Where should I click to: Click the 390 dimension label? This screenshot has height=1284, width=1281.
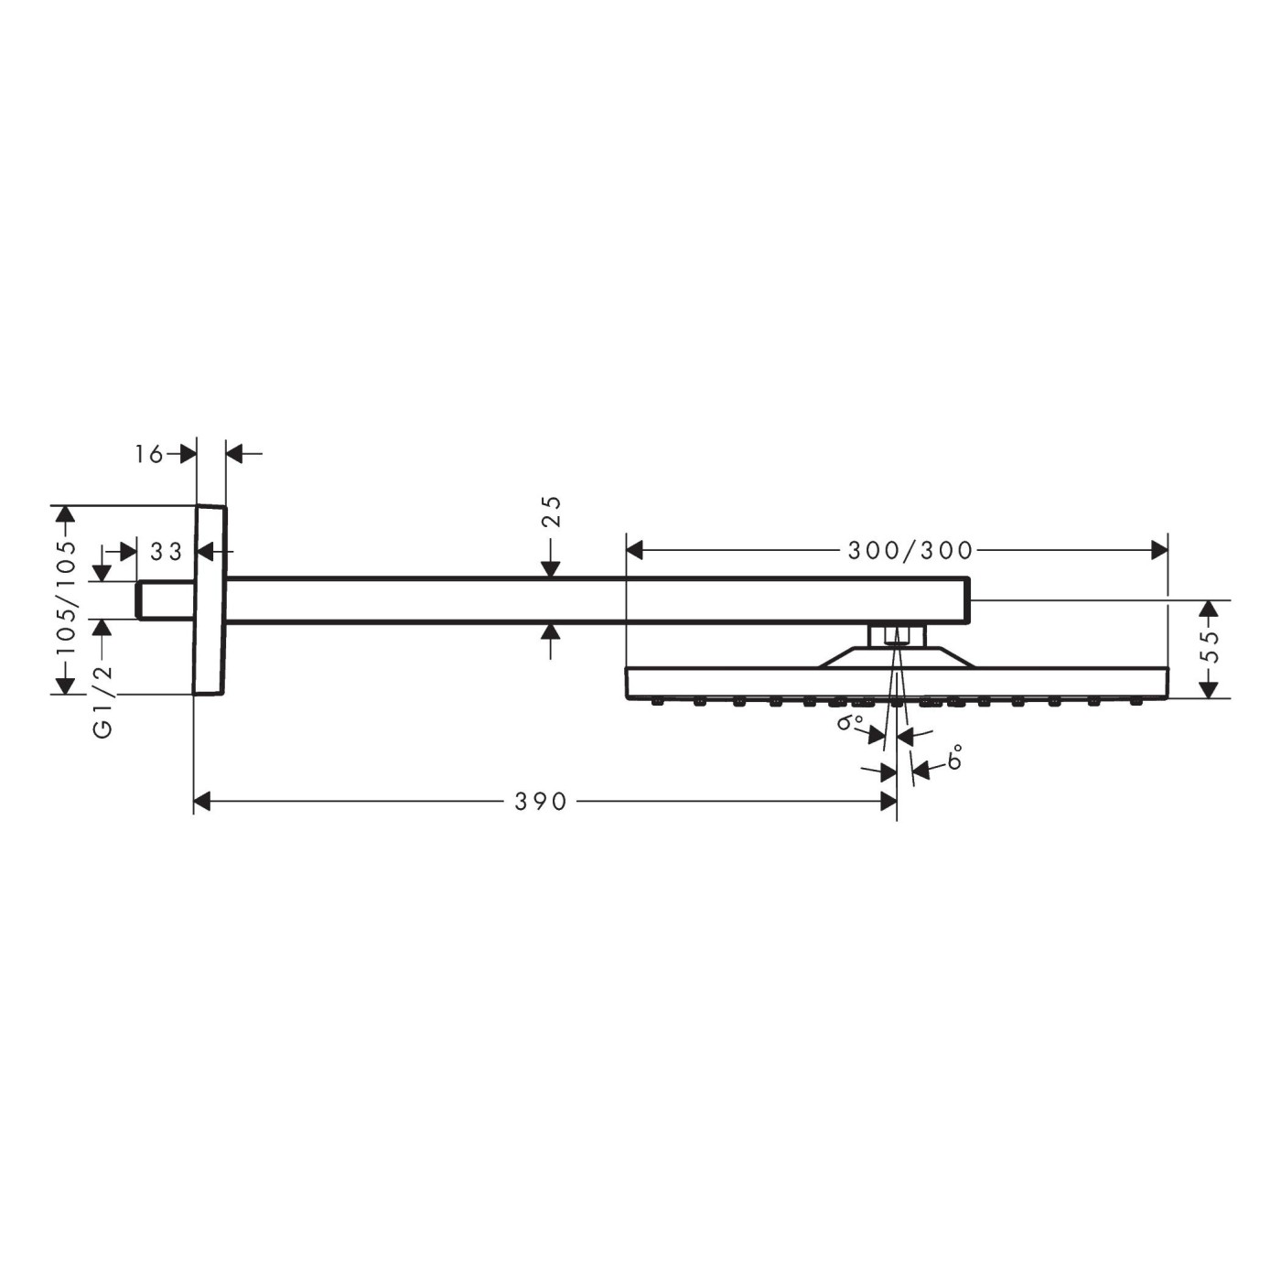tap(541, 803)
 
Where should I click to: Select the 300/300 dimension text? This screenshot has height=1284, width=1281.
tap(910, 550)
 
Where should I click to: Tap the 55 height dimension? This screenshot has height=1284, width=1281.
tap(1210, 647)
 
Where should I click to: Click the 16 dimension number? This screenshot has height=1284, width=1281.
tap(149, 453)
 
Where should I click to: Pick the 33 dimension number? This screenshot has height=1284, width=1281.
tap(167, 552)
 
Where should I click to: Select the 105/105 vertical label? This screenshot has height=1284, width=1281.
tap(66, 599)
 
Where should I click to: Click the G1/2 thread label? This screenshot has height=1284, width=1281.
tap(103, 703)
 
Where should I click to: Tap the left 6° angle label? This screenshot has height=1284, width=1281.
tap(850, 723)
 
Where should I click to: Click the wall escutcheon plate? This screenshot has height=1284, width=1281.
tap(210, 600)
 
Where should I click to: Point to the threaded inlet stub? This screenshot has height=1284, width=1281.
tap(165, 600)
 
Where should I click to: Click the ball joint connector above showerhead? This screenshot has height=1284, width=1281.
tap(897, 635)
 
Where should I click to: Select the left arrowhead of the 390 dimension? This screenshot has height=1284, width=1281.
tap(202, 803)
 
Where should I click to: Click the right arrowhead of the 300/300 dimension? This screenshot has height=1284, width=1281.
tap(1159, 550)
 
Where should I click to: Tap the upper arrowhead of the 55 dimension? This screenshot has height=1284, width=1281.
tap(1210, 610)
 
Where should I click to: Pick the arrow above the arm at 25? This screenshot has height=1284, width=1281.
tap(550, 568)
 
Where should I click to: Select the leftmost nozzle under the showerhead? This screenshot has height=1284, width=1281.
tap(657, 703)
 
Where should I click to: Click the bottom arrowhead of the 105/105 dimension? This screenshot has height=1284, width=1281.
tap(64, 685)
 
